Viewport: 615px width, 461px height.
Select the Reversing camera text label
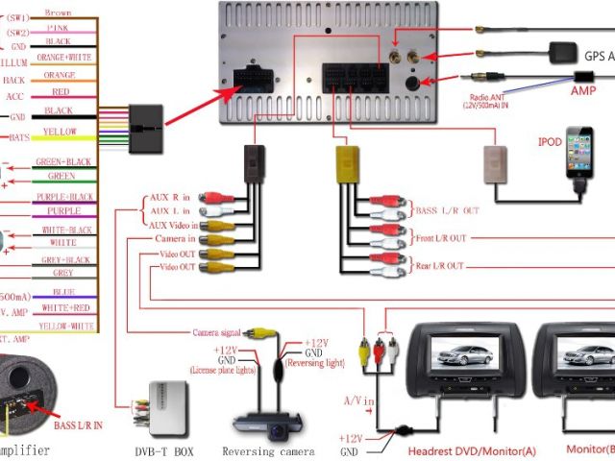268,450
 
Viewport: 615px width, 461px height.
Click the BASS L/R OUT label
445,208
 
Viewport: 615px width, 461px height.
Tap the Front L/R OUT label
443,238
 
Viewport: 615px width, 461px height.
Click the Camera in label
176,238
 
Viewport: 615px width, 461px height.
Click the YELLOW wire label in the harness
60,133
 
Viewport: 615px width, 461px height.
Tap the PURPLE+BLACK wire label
63,196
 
